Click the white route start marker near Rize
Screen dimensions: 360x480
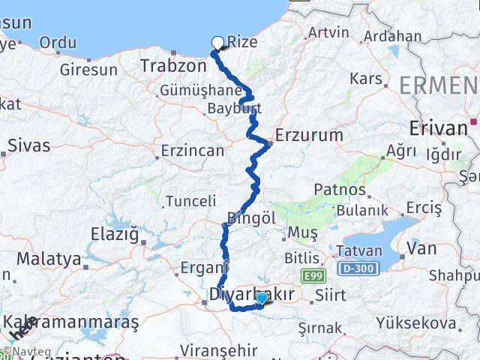pos(218,43)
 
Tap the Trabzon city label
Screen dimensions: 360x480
pos(173,67)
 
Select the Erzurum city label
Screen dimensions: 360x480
pos(309,135)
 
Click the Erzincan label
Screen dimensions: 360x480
pos(193,151)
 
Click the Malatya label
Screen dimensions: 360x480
pos(49,259)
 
